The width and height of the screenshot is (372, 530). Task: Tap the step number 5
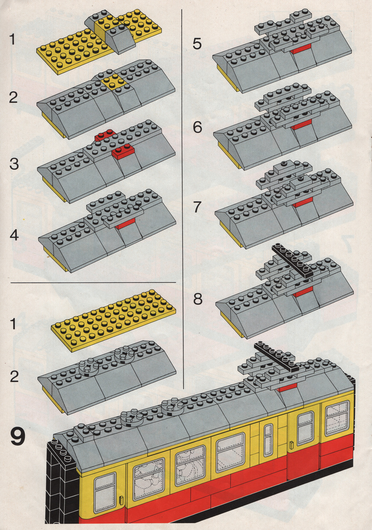[198, 44]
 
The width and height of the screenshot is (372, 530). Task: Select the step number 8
[198, 299]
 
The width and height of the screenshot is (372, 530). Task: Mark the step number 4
[14, 235]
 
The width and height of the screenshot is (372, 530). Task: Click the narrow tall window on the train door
[268, 440]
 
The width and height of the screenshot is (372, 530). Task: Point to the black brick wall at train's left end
[62, 484]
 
